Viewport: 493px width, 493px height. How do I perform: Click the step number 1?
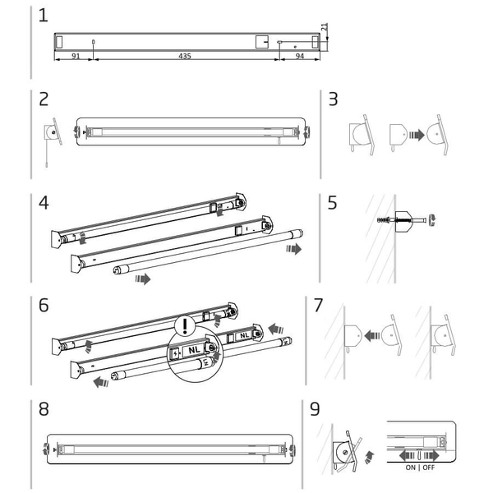pyautogui.click(x=43, y=16)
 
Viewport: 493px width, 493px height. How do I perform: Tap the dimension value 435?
pyautogui.click(x=185, y=56)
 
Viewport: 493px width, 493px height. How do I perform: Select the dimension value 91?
pyautogui.click(x=76, y=56)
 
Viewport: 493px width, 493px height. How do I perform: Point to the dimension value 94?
pyautogui.click(x=300, y=56)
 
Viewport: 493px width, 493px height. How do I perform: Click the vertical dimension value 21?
pyautogui.click(x=325, y=27)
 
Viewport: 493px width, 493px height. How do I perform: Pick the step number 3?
pyautogui.click(x=333, y=99)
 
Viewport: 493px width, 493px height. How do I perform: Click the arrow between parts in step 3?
pyautogui.click(x=417, y=136)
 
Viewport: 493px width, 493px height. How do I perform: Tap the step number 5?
pyautogui.click(x=332, y=203)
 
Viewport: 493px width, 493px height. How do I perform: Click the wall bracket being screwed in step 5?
pyautogui.click(x=403, y=221)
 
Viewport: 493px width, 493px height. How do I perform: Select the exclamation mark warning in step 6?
pyautogui.click(x=185, y=325)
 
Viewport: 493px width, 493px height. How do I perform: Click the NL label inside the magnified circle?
pyautogui.click(x=194, y=350)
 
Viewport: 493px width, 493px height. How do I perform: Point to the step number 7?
pyautogui.click(x=319, y=306)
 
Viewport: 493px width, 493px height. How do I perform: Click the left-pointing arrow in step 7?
pyautogui.click(x=372, y=335)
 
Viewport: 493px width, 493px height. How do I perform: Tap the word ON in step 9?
pyautogui.click(x=410, y=468)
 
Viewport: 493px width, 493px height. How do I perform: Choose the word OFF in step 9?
pyautogui.click(x=429, y=468)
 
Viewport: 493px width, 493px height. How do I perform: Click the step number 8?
pyautogui.click(x=44, y=409)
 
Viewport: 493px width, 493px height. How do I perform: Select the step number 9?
pyautogui.click(x=315, y=409)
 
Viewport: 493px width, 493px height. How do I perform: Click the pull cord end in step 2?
pyautogui.click(x=47, y=164)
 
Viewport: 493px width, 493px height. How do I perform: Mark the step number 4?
pyautogui.click(x=44, y=203)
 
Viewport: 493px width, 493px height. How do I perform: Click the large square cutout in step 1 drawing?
pyautogui.click(x=262, y=42)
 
